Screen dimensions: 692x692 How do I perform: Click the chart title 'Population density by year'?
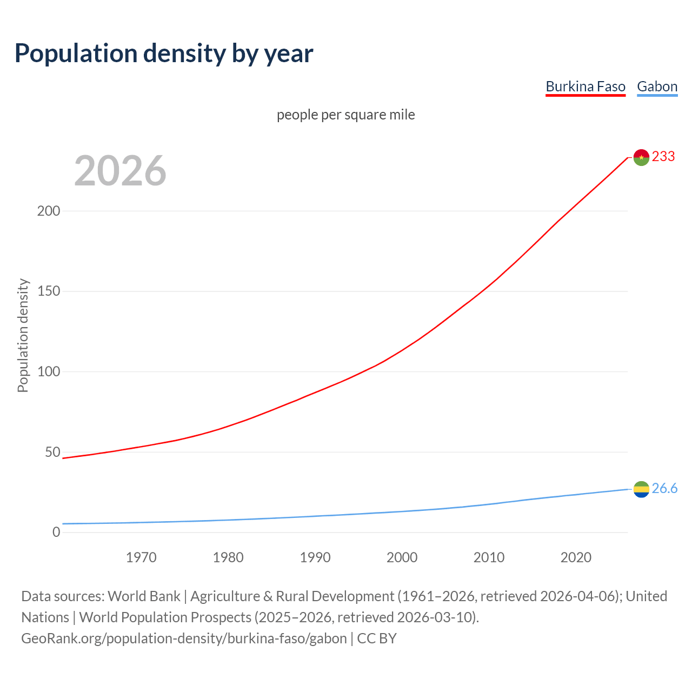pos(164,54)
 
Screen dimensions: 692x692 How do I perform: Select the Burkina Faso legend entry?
pos(585,87)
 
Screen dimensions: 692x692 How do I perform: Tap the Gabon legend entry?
pos(657,87)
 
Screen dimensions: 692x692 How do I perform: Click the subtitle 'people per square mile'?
pos(345,115)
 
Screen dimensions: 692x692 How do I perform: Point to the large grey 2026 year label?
pos(120,171)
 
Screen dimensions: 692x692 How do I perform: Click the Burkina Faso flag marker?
pos(641,157)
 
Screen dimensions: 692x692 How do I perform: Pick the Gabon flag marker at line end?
pos(641,489)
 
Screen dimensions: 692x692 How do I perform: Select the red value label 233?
pos(663,157)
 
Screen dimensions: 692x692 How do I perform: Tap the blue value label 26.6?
pos(664,489)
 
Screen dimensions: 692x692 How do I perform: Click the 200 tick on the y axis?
pos(49,211)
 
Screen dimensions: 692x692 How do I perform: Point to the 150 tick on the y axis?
pos(49,291)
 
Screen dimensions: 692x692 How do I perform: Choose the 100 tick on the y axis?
pos(49,372)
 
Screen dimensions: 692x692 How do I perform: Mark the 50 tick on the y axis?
pos(52,452)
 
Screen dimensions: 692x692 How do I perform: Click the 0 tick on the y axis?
pos(56,533)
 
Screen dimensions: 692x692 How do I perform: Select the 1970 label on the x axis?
pos(141,557)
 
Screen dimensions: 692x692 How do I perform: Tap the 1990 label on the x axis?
pos(315,557)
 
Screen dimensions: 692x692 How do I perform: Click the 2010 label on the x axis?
pos(489,557)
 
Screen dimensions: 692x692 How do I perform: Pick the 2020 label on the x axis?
pos(576,557)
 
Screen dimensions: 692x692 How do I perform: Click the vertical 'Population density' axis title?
pos(23,335)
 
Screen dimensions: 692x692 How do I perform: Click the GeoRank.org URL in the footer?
pos(184,638)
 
